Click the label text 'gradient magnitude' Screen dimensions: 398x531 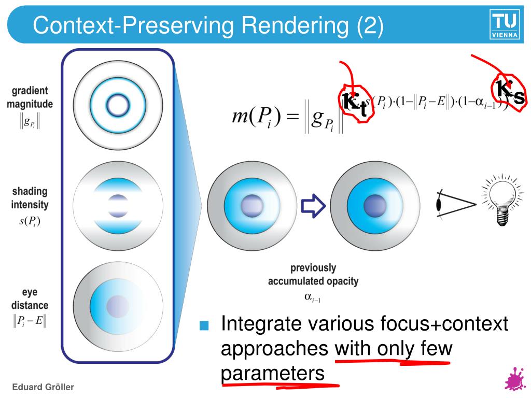click(x=30, y=97)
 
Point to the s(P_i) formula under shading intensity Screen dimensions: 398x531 click(x=30, y=222)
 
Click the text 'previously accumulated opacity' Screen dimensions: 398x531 click(x=313, y=275)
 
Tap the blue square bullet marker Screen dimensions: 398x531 click(x=204, y=325)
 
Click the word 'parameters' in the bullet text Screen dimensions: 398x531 click(x=273, y=373)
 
